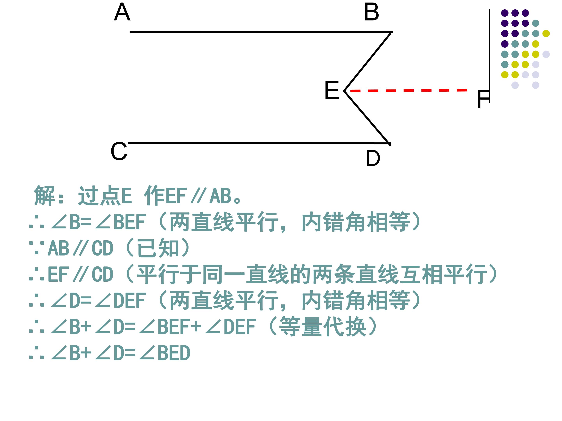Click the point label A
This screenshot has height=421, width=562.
(x=122, y=12)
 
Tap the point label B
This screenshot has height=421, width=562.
(x=372, y=12)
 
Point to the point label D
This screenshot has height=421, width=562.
(x=373, y=158)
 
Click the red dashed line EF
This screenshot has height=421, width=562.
(x=409, y=90)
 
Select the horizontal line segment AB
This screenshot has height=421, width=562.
(x=261, y=32)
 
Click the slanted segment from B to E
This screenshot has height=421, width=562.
(x=367, y=61)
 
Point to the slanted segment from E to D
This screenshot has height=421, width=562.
(x=367, y=118)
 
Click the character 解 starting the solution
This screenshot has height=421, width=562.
(x=44, y=195)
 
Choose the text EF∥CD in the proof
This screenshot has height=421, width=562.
(x=80, y=275)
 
